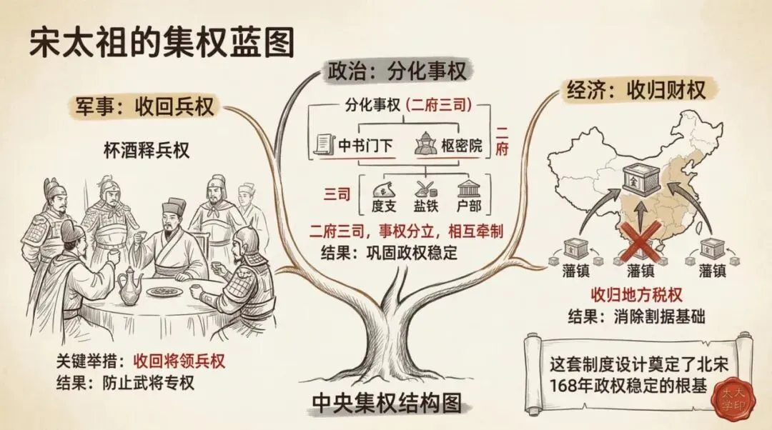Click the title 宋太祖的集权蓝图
(162, 44)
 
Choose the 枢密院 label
(460, 147)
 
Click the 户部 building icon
(468, 189)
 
